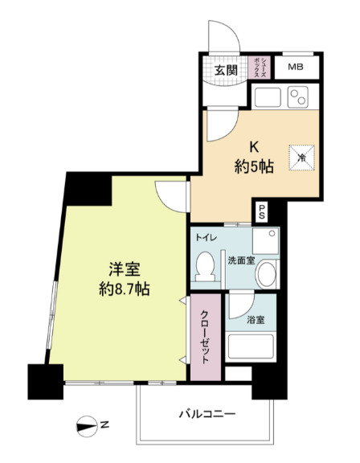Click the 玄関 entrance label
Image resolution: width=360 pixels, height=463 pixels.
point(226,70)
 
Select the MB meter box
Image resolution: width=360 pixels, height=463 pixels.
point(296,67)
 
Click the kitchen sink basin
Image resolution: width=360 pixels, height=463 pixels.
point(268,96)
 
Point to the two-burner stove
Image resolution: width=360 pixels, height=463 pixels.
point(298,96)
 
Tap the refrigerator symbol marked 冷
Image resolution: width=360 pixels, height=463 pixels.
point(301,158)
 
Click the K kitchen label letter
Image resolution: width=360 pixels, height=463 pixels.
point(254,147)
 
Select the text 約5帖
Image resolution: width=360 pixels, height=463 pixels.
point(254,167)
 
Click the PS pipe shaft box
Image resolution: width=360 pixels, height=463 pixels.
point(262,212)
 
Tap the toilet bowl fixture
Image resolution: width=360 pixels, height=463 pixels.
point(206,266)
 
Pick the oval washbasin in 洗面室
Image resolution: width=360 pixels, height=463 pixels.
point(267,274)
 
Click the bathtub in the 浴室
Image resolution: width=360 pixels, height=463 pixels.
point(251,346)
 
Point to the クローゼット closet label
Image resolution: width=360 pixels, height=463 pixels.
point(205,337)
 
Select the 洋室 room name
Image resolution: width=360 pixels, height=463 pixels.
point(125,268)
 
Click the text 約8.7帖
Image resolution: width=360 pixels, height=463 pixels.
point(125,289)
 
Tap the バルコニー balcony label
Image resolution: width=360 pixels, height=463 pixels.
point(207,414)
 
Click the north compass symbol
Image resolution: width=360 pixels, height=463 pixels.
point(87,427)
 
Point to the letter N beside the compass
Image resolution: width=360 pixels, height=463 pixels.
point(104,425)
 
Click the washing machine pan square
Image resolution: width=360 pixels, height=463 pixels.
point(265,240)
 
